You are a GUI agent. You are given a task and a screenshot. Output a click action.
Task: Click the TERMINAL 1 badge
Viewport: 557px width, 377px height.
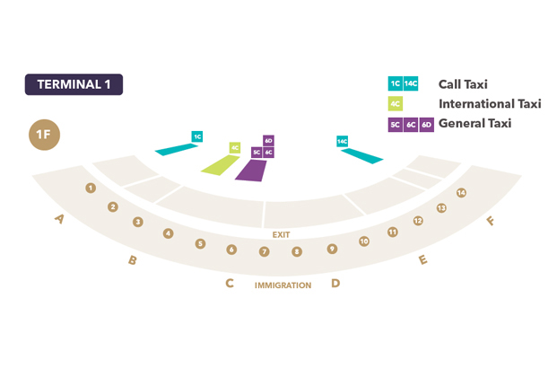tap(74, 84)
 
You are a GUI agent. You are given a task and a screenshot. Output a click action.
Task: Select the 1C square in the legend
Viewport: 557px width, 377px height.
tap(395, 83)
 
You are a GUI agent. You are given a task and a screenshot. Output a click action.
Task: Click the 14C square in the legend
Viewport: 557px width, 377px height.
tap(411, 83)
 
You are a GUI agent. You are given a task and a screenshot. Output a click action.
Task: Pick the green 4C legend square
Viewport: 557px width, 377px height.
tap(395, 104)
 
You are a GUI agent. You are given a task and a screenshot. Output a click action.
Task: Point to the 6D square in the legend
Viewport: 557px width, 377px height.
tap(427, 125)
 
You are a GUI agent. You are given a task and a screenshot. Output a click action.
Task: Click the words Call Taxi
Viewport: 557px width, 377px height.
tap(463, 84)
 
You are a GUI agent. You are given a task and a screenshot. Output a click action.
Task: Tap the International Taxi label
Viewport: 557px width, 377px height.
tap(490, 104)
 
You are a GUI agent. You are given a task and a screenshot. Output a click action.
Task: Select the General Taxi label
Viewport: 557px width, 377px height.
tap(474, 124)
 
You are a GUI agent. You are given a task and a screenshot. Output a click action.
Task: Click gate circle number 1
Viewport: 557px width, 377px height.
tap(91, 188)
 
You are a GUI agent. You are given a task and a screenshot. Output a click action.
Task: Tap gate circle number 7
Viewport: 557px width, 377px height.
tap(264, 251)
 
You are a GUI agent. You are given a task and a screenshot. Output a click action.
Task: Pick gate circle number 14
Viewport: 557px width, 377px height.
tap(461, 193)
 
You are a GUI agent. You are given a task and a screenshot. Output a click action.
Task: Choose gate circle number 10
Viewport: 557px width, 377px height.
tap(363, 241)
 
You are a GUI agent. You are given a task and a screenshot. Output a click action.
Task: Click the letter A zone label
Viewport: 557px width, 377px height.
tap(60, 218)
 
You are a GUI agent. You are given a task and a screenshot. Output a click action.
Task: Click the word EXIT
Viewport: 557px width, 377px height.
tap(282, 234)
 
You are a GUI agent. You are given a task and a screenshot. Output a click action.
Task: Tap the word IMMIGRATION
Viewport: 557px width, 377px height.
tap(283, 285)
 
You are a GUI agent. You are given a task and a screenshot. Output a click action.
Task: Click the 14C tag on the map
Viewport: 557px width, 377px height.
tap(342, 142)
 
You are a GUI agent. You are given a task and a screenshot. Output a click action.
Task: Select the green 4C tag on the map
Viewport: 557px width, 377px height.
tap(235, 147)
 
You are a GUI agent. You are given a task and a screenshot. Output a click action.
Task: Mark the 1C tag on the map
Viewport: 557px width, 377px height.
tap(197, 136)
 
